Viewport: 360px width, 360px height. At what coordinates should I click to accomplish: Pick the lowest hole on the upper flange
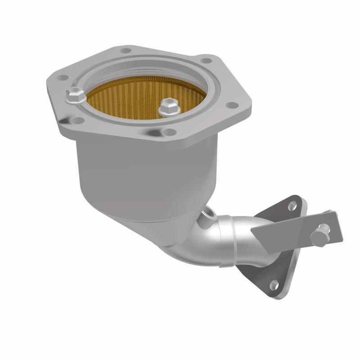(x=169, y=132)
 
